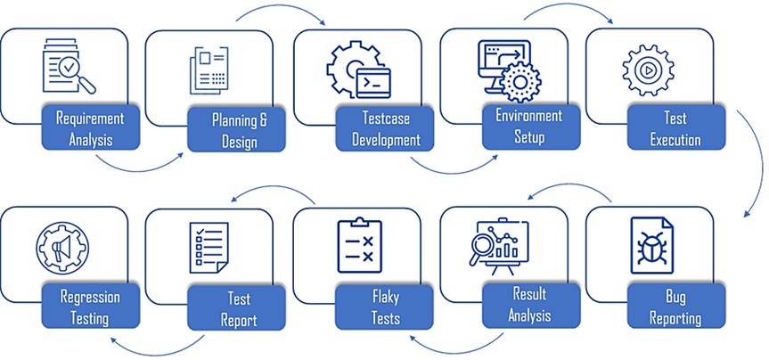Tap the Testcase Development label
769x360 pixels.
click(x=385, y=128)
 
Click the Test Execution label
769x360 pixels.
click(x=675, y=128)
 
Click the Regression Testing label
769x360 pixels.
click(x=90, y=306)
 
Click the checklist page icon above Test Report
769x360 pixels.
click(x=209, y=245)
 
